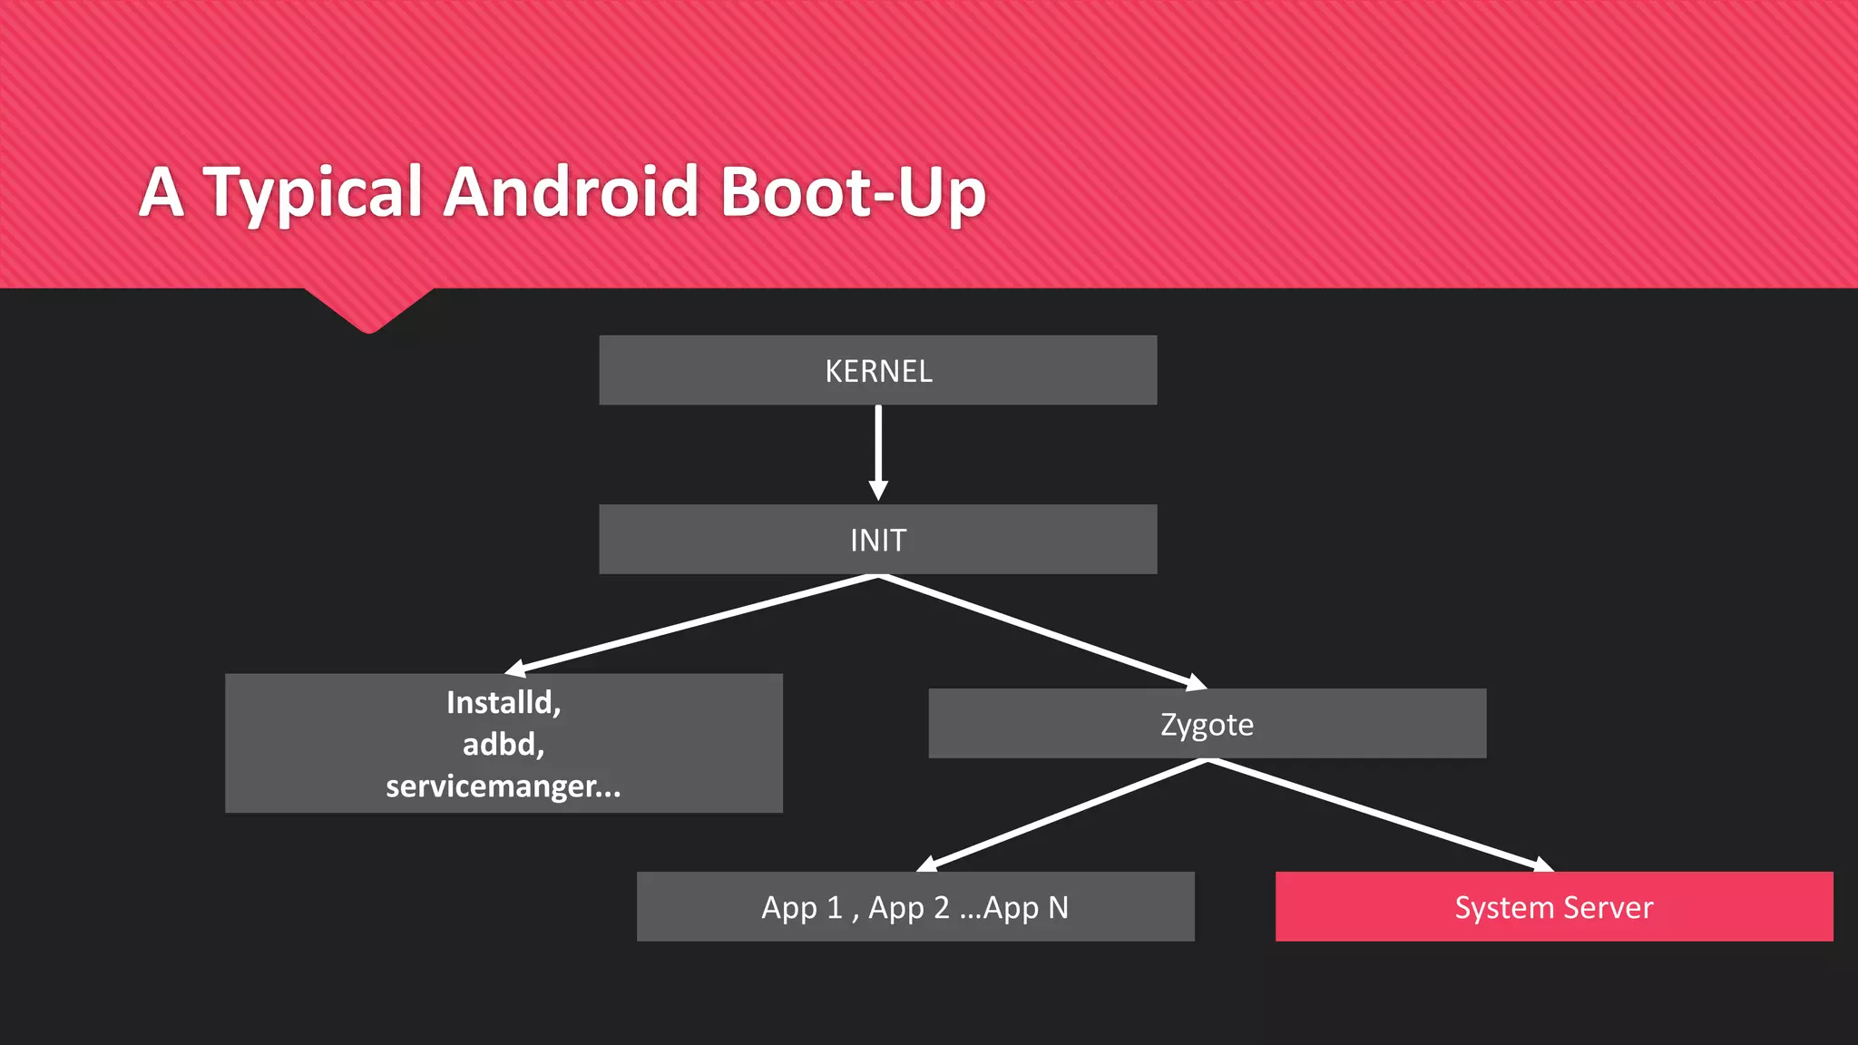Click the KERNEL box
click(877, 370)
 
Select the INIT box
click(877, 540)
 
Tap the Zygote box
click(1207, 724)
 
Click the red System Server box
click(1554, 907)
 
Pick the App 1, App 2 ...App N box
click(914, 907)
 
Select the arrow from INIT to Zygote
click(1043, 631)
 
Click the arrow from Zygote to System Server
click(1379, 815)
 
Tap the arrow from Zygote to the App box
click(1061, 815)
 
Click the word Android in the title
click(571, 192)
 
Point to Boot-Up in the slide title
click(853, 192)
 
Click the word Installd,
click(504, 702)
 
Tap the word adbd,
click(504, 745)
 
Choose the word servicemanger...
click(491, 786)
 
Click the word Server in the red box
click(1609, 907)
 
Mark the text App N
click(1025, 907)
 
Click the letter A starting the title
click(162, 192)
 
